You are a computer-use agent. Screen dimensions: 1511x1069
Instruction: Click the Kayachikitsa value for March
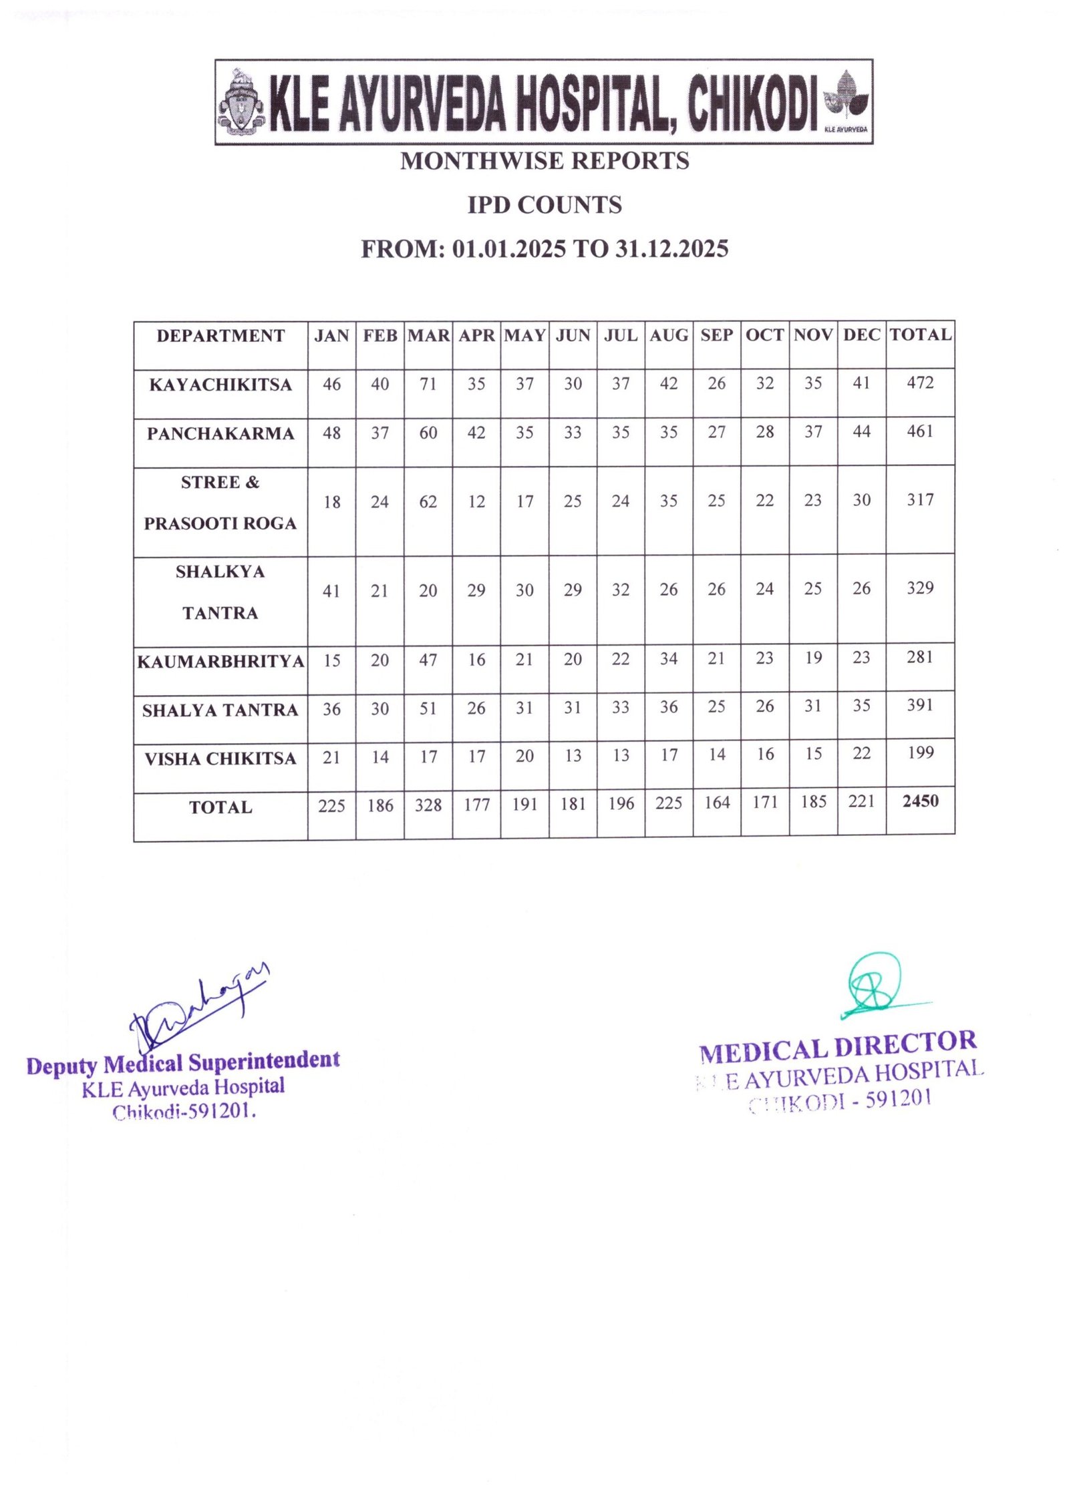(428, 384)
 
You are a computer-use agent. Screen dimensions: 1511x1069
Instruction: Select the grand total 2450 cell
(920, 801)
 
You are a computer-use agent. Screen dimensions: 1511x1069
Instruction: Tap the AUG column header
(668, 335)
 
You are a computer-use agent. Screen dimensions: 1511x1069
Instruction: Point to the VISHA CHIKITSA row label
(220, 759)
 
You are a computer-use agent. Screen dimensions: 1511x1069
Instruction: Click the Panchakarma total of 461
(920, 431)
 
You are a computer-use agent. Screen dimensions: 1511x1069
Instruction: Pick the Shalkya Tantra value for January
(331, 591)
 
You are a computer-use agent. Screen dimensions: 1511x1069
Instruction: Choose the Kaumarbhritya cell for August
(668, 659)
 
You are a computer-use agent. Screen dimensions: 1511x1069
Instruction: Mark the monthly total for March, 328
(428, 805)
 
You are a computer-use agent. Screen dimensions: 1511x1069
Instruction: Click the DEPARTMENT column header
(220, 336)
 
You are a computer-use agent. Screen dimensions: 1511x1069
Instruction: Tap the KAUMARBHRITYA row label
(220, 662)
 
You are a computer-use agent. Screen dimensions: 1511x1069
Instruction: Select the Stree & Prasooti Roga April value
(476, 501)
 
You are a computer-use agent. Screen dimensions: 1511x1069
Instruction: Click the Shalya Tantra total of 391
(920, 705)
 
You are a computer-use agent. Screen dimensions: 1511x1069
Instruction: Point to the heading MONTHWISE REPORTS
(545, 161)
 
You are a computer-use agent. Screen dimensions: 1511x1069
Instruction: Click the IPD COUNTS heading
(545, 205)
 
